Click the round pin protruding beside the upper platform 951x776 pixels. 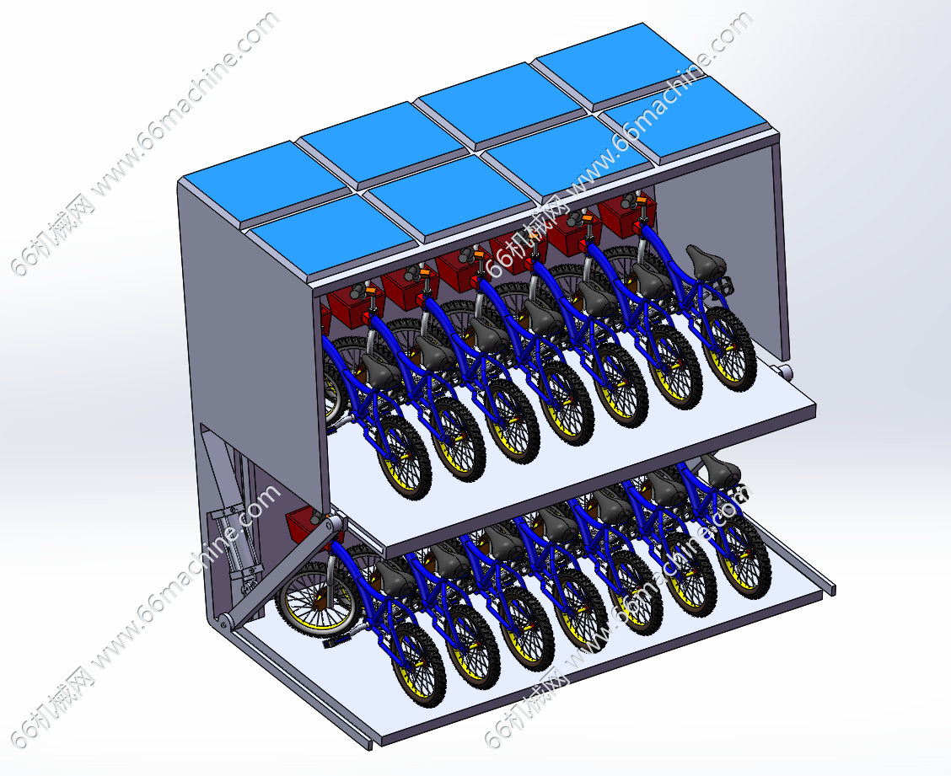pos(783,371)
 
